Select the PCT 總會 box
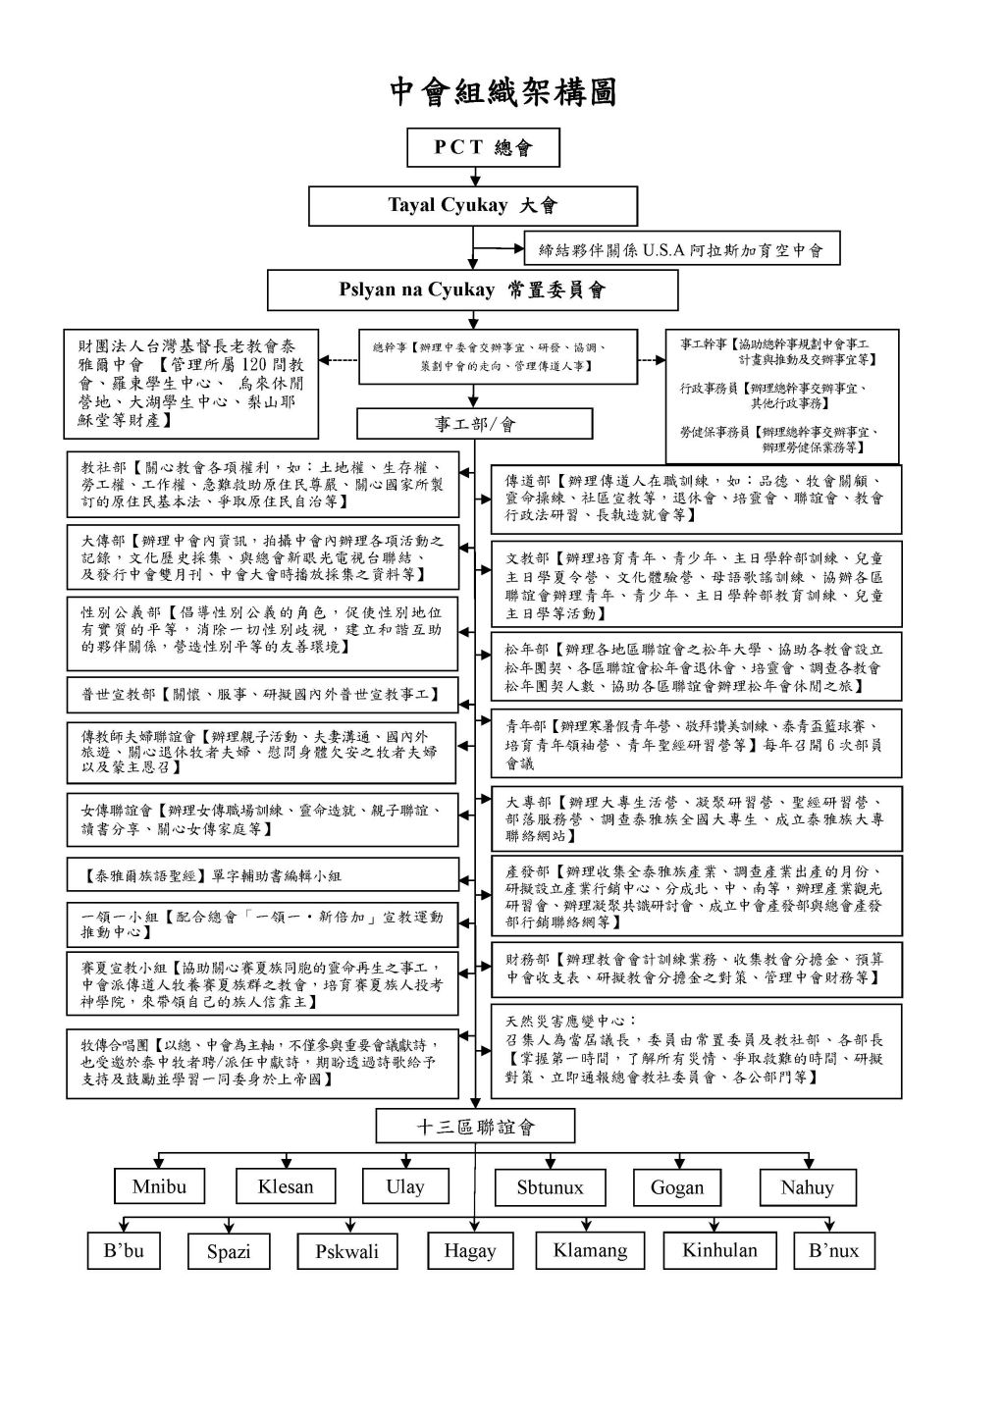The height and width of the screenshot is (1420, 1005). [x=483, y=147]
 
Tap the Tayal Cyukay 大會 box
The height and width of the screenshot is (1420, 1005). [x=473, y=206]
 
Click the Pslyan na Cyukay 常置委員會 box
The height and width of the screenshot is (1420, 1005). [x=473, y=289]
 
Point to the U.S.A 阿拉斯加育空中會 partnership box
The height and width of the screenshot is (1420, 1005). [x=682, y=249]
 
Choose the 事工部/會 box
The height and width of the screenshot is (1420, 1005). [x=474, y=423]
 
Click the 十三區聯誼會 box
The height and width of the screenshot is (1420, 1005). [x=475, y=1127]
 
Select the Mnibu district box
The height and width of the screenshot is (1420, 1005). [x=159, y=1186]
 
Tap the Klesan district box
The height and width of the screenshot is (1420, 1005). [x=285, y=1186]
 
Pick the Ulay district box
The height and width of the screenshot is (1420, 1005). [x=405, y=1186]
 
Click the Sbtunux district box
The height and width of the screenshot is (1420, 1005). [x=550, y=1187]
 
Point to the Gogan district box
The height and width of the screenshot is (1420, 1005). [x=677, y=1187]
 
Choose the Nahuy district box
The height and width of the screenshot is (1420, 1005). [x=807, y=1187]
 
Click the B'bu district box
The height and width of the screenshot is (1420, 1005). [x=124, y=1250]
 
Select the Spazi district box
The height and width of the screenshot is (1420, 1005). [x=228, y=1251]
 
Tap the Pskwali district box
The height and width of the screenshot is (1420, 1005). [x=346, y=1251]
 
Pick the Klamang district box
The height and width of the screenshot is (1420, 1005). [x=590, y=1250]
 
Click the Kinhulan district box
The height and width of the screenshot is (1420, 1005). [x=719, y=1250]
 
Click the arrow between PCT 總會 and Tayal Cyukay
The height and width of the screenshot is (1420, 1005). [x=475, y=178]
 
